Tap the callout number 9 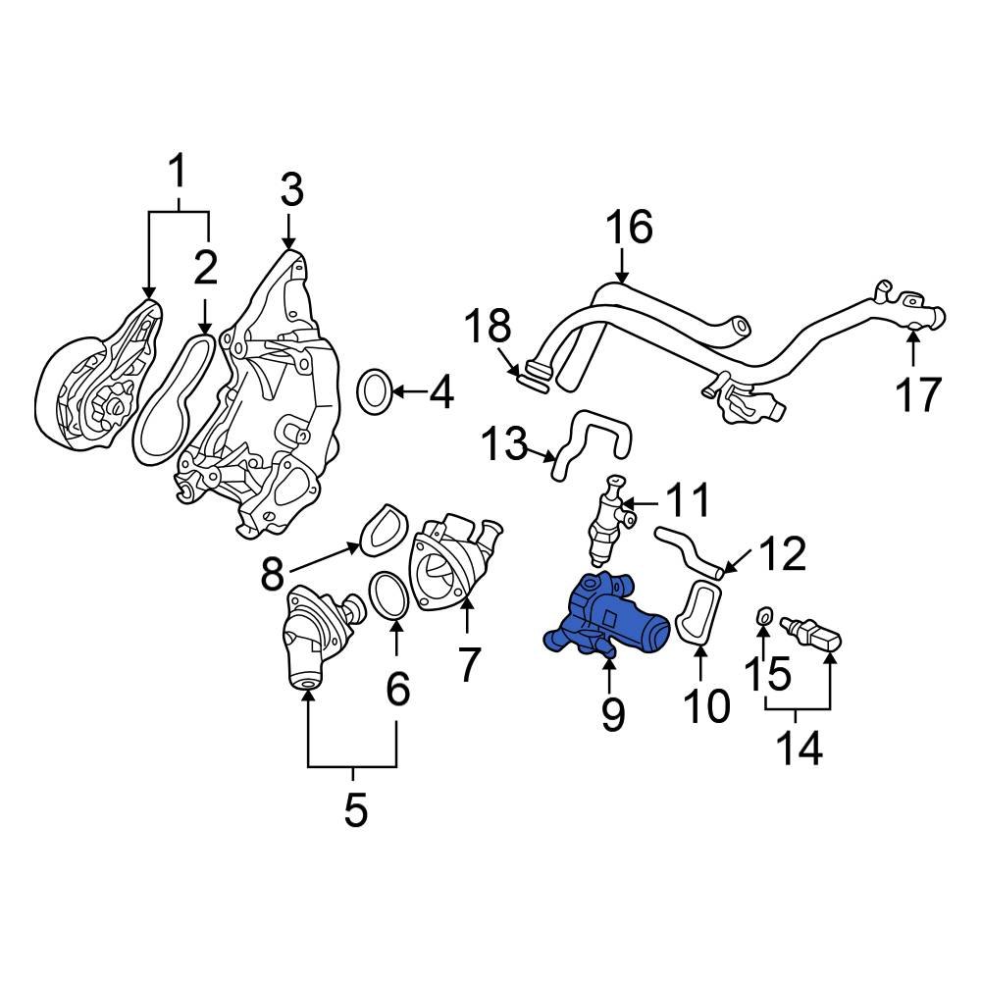612,714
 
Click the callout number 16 629,228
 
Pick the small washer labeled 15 762,617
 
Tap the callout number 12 782,554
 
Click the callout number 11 687,501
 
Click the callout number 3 291,189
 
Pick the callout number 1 178,175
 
